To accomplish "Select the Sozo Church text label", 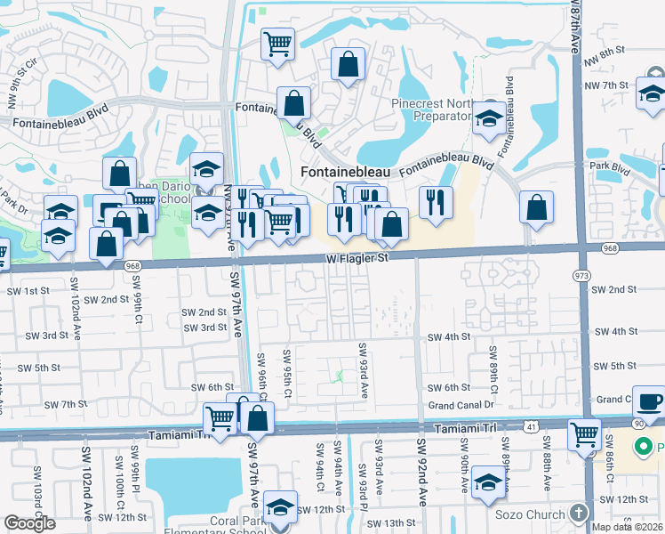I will coord(529,514).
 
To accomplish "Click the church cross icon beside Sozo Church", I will coord(579,514).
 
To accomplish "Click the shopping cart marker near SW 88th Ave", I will coord(584,435).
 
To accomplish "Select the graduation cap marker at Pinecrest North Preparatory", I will coord(488,117).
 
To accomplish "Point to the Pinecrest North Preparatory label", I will coord(431,109).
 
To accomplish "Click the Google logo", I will coord(30,523).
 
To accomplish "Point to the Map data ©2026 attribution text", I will coord(628,527).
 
